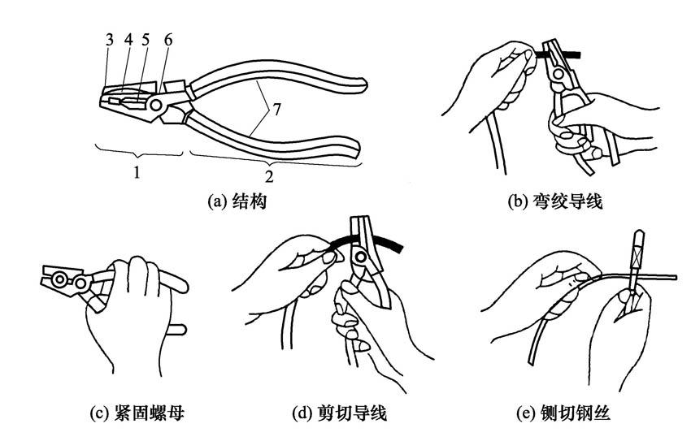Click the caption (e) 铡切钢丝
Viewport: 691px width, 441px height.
[564, 414]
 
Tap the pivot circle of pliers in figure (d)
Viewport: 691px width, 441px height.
[357, 260]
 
